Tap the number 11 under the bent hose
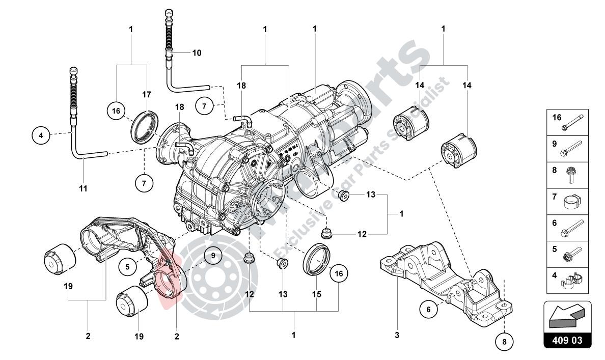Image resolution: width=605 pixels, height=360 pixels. [x=84, y=188]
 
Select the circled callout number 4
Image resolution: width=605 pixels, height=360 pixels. [x=40, y=136]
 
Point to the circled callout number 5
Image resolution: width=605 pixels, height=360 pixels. [x=127, y=265]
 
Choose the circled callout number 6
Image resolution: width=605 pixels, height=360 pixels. [x=429, y=309]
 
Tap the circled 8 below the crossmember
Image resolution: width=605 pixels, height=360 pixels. [x=504, y=341]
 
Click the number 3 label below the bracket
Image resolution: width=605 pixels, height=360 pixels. [x=397, y=335]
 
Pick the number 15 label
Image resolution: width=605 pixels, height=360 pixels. [x=316, y=294]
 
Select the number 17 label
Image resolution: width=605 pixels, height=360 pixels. [x=147, y=94]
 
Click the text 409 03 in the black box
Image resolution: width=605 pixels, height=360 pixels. [x=568, y=340]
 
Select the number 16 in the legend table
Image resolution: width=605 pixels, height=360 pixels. [x=557, y=118]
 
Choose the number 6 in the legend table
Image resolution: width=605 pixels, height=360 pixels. [x=555, y=222]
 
